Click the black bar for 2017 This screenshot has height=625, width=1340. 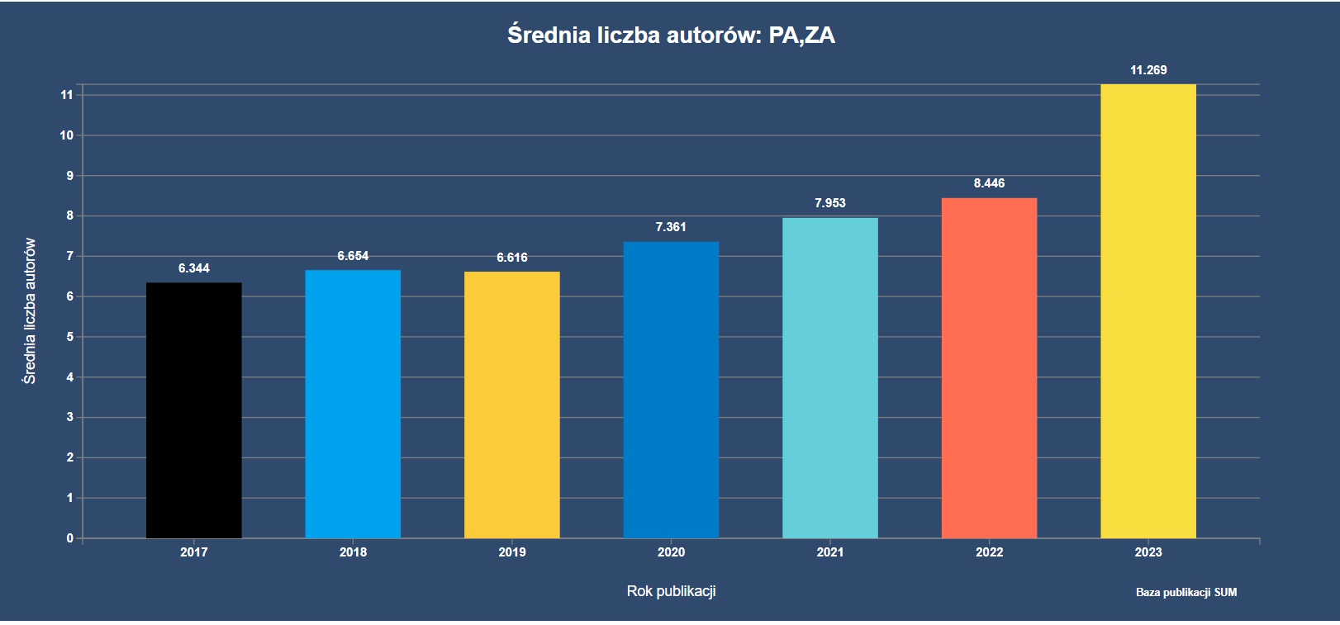[194, 410]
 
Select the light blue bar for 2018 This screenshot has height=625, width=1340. [353, 404]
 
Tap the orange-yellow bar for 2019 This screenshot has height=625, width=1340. [512, 405]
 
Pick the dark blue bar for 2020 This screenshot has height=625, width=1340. [671, 390]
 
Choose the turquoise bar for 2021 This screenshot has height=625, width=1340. [830, 378]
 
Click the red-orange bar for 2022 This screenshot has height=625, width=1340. [989, 368]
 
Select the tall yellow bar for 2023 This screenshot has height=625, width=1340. [1148, 311]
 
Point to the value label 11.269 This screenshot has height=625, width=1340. [1148, 70]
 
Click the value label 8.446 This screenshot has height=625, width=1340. [989, 183]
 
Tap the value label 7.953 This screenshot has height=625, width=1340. [830, 203]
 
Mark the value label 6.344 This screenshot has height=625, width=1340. [194, 268]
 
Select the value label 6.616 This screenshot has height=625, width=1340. [512, 258]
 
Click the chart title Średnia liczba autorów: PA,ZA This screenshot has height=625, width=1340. [671, 36]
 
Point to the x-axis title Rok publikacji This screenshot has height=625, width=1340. [671, 591]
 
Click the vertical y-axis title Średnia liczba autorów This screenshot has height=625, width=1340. [30, 311]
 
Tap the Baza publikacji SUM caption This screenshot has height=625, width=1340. [1186, 592]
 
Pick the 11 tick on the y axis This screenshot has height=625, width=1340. [67, 95]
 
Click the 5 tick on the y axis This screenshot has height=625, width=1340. [70, 337]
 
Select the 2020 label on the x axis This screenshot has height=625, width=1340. [671, 552]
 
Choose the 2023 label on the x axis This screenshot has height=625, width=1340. [1148, 552]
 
